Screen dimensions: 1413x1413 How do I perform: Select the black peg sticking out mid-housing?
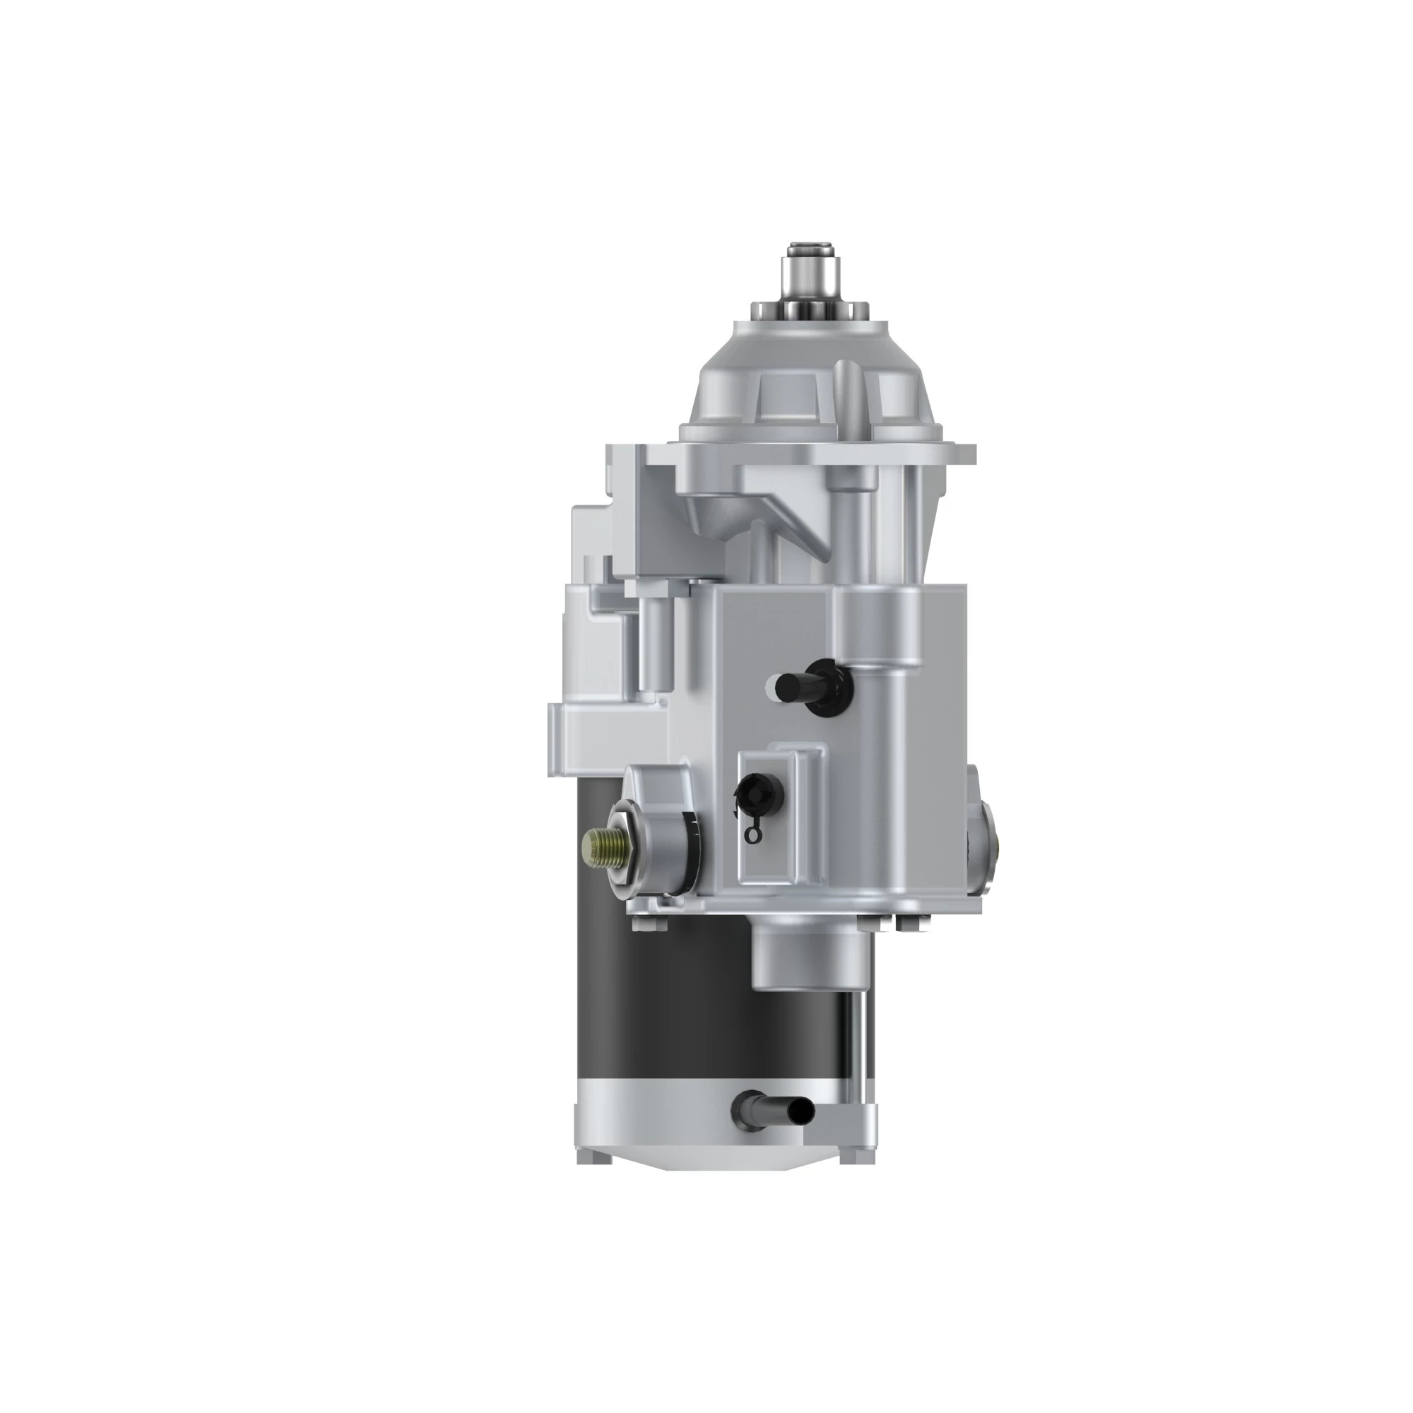coord(790,685)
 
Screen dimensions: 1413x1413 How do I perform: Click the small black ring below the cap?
coord(750,833)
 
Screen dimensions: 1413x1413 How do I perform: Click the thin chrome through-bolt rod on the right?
coord(856,1053)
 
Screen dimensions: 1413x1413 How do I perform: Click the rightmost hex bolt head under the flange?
coord(907,924)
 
